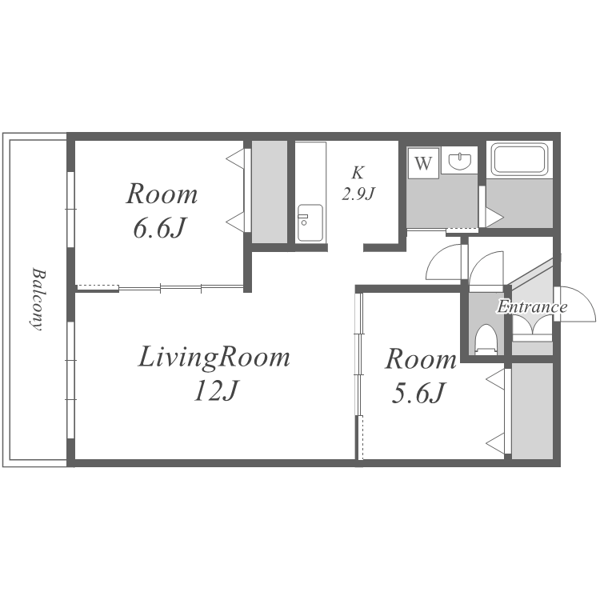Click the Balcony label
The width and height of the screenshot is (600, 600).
tap(38, 299)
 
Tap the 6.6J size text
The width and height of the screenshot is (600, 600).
tap(159, 229)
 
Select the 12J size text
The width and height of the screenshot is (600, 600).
tap(216, 391)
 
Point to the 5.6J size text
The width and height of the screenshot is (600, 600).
tap(419, 393)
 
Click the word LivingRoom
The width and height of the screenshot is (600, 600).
tap(214, 358)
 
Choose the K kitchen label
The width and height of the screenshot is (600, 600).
tap(358, 173)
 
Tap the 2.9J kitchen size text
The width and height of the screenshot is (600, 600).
tap(358, 194)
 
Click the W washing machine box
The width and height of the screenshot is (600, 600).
tap(423, 162)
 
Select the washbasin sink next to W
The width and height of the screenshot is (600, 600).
tap(459, 160)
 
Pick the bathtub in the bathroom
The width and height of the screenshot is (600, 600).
tap(520, 159)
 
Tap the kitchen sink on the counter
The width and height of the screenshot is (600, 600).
tap(310, 222)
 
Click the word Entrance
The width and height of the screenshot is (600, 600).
tap(532, 307)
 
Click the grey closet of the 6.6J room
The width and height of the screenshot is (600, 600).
tap(269, 192)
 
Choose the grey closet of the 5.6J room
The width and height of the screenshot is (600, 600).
tap(532, 410)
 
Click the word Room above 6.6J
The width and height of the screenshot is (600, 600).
tap(162, 194)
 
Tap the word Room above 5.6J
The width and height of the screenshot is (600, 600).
tap(421, 359)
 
